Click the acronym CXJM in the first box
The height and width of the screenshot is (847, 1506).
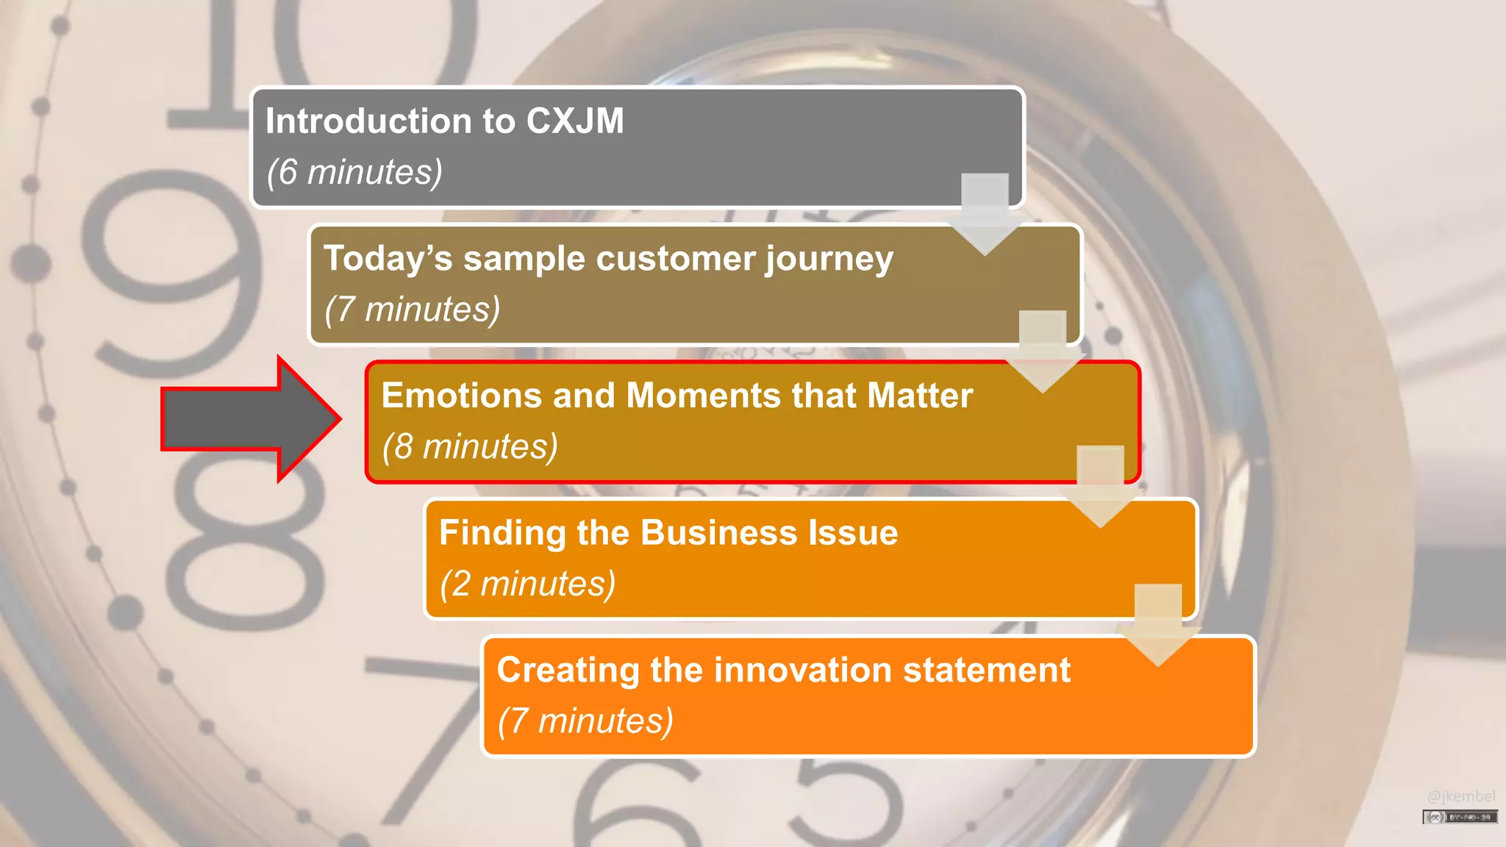(x=575, y=121)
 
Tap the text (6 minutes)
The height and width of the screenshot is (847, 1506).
(x=354, y=172)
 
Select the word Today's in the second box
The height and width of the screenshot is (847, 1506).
(x=388, y=259)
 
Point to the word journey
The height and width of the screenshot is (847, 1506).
(x=829, y=260)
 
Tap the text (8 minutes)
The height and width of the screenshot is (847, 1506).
(x=470, y=446)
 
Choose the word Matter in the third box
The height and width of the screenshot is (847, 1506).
(x=920, y=396)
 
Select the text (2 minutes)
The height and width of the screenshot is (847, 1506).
(x=527, y=584)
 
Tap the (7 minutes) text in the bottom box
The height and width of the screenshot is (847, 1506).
(x=585, y=721)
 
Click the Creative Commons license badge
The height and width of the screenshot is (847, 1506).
(x=1460, y=817)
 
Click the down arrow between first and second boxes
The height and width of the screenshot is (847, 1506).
(x=985, y=214)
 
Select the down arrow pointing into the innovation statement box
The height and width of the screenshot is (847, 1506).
(x=1158, y=625)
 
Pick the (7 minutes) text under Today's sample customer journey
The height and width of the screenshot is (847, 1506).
(x=412, y=310)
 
